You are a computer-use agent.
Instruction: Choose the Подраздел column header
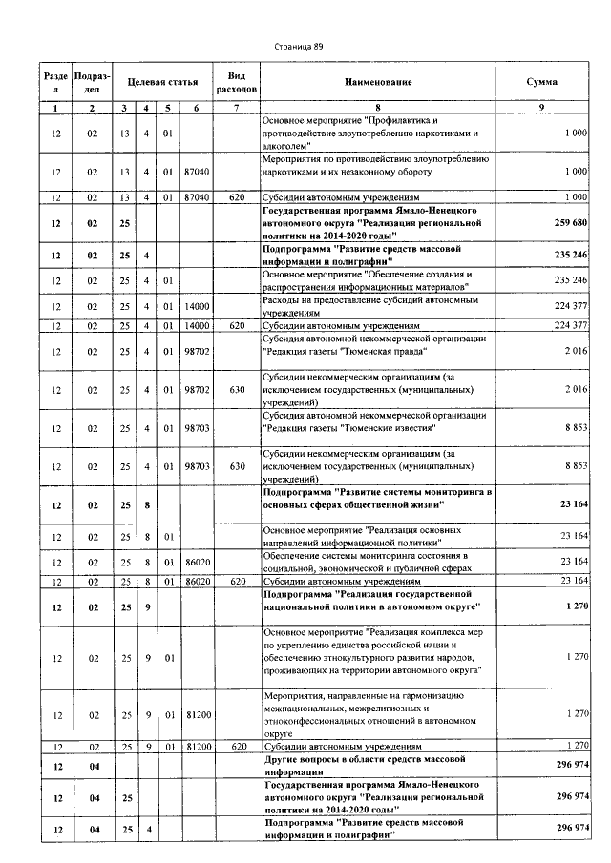[92, 82]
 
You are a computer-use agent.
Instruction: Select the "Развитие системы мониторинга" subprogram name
[378, 498]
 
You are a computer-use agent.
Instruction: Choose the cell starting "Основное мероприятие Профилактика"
[378, 134]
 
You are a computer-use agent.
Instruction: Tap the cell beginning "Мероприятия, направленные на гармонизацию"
[378, 715]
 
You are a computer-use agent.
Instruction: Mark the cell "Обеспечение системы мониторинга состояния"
[378, 562]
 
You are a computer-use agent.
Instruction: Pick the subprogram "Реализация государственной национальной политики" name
[378, 600]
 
